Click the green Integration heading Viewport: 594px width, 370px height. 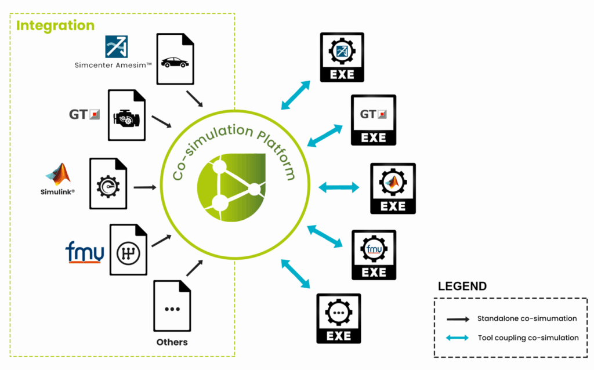[x=55, y=26]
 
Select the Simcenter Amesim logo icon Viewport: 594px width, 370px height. [x=116, y=47]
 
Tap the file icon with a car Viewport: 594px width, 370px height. [x=175, y=59]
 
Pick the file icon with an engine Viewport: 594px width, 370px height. [x=126, y=115]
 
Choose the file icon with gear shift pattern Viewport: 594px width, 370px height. [x=129, y=250]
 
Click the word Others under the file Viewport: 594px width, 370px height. [x=172, y=342]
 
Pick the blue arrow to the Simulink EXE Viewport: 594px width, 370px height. [x=339, y=187]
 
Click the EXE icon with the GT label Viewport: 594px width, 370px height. [x=374, y=120]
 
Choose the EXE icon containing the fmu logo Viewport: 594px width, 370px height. [x=374, y=255]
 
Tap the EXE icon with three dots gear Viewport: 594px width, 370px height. [x=338, y=318]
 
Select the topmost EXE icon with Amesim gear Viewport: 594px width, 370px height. [x=342, y=57]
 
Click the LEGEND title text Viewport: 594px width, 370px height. [x=462, y=286]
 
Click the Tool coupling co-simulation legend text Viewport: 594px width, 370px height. [x=528, y=338]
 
